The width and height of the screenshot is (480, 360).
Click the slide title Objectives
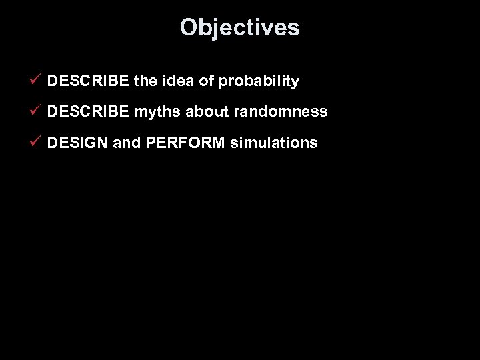click(x=239, y=27)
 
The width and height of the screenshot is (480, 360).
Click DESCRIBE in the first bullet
click(x=89, y=81)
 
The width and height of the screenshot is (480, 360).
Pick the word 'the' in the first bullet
click(x=146, y=81)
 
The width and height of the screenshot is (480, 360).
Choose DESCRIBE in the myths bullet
click(x=89, y=112)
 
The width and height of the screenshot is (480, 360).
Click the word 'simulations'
click(x=274, y=143)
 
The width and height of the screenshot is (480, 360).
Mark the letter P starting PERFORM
click(x=147, y=143)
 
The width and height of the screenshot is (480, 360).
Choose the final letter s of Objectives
click(x=294, y=28)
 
